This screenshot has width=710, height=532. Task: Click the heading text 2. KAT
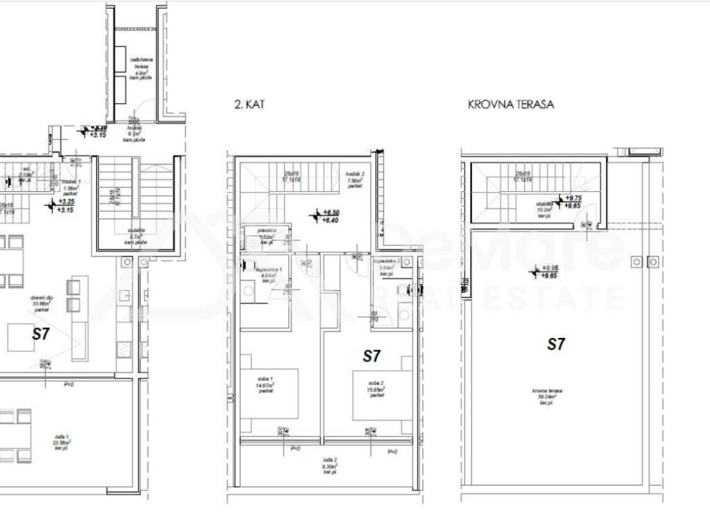click(250, 105)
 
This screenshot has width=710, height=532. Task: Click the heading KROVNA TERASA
click(510, 105)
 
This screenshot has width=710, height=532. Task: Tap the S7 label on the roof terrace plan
click(556, 344)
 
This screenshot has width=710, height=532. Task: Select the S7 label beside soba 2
click(372, 356)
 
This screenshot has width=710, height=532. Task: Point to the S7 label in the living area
click(42, 334)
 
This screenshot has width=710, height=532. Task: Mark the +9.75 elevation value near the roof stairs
click(573, 197)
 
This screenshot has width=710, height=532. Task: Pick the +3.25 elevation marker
click(66, 202)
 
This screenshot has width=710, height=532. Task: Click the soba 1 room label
click(263, 385)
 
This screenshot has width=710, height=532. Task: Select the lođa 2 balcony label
click(329, 465)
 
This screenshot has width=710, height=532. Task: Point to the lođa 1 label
click(62, 441)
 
